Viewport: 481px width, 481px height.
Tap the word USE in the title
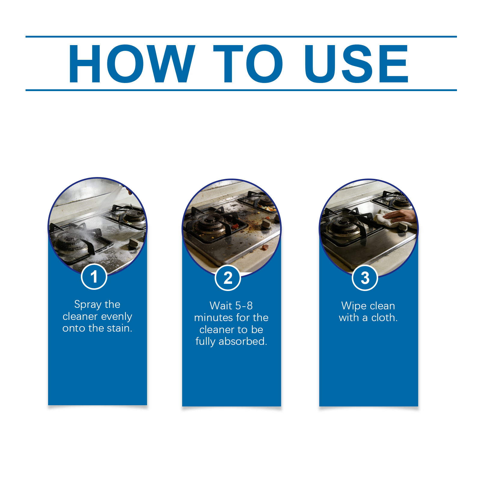356,63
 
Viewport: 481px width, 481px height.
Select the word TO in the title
248,63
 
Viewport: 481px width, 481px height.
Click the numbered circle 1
94,277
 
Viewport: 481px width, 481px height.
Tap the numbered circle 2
228,278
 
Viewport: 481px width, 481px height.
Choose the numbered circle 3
365,278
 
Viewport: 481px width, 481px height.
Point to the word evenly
117,317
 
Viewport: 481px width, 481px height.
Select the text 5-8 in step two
244,306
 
